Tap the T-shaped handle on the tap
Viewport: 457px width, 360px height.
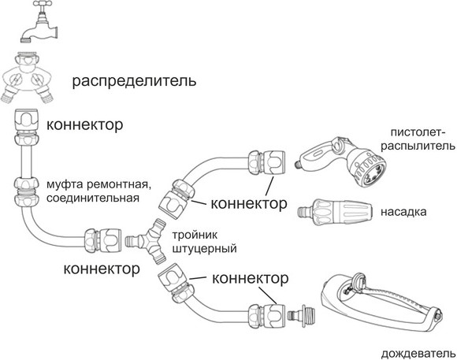tap(43, 3)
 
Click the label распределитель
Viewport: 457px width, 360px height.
tap(135, 82)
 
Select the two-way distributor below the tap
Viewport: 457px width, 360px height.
tap(27, 76)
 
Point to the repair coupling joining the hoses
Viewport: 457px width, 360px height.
tap(27, 191)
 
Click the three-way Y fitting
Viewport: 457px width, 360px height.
tap(146, 241)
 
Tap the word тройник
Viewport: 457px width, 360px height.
tap(195, 235)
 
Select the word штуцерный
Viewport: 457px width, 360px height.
tap(204, 249)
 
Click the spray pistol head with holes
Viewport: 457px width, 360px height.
tap(369, 170)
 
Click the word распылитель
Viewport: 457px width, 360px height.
tap(418, 146)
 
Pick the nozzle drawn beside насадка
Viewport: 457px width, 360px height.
tap(335, 212)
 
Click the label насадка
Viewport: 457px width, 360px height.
tap(403, 212)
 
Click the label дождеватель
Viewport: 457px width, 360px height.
tap(418, 354)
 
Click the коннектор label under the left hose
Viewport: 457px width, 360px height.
tap(102, 269)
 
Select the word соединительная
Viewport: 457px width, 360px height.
tap(93, 199)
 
